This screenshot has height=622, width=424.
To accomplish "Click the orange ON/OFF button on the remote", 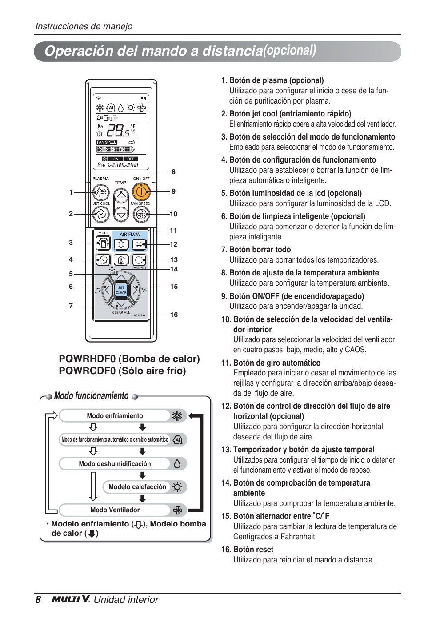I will [x=141, y=192].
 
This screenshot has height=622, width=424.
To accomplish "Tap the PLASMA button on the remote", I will [x=101, y=192].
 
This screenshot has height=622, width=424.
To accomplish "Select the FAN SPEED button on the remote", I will [x=141, y=215].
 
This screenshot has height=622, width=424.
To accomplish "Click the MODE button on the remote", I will [x=103, y=243].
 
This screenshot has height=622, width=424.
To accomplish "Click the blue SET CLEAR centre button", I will [x=121, y=290].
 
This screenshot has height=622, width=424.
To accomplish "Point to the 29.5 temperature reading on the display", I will [x=118, y=130].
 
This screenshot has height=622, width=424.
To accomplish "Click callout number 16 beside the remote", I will [x=174, y=315].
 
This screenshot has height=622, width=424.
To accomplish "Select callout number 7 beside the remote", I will [x=71, y=306].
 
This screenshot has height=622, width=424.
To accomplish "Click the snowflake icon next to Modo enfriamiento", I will [x=177, y=416].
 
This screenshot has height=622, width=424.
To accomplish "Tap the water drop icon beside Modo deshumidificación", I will [x=177, y=464].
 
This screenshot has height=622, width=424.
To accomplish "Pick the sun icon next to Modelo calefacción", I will [x=177, y=487].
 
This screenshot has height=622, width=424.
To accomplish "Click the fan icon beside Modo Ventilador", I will [x=177, y=510].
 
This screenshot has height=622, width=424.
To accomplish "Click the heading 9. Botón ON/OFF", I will [x=292, y=296].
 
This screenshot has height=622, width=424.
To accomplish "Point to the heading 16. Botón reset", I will [x=247, y=550].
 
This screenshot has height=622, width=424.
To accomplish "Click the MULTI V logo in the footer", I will [x=71, y=599].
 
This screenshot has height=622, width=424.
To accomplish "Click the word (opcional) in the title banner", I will [x=290, y=51].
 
